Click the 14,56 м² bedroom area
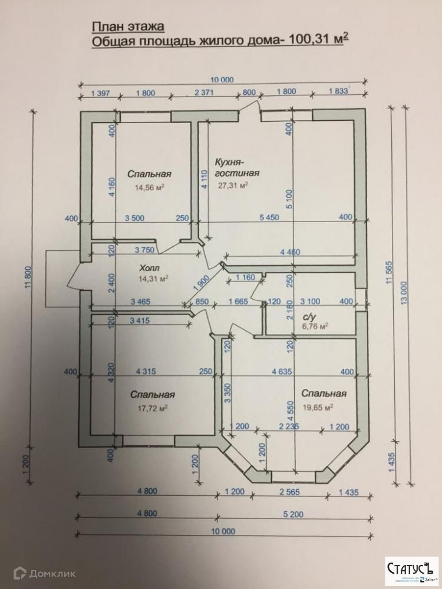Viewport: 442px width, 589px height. (x=149, y=188)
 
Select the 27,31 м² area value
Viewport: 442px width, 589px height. (x=233, y=184)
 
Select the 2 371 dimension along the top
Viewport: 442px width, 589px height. (x=205, y=92)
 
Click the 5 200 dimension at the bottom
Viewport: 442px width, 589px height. (x=292, y=514)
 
